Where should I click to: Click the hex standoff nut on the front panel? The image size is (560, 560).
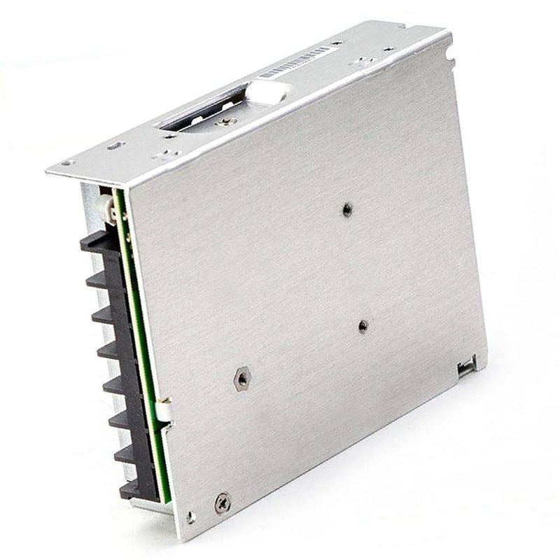tap(241, 379)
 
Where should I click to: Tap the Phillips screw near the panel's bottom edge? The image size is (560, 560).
tap(223, 501)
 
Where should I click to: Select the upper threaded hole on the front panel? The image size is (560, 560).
tap(347, 210)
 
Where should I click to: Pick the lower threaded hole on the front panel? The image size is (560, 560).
tap(363, 325)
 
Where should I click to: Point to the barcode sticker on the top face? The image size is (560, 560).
tap(294, 62)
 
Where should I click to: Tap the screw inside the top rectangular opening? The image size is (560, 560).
tap(225, 121)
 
